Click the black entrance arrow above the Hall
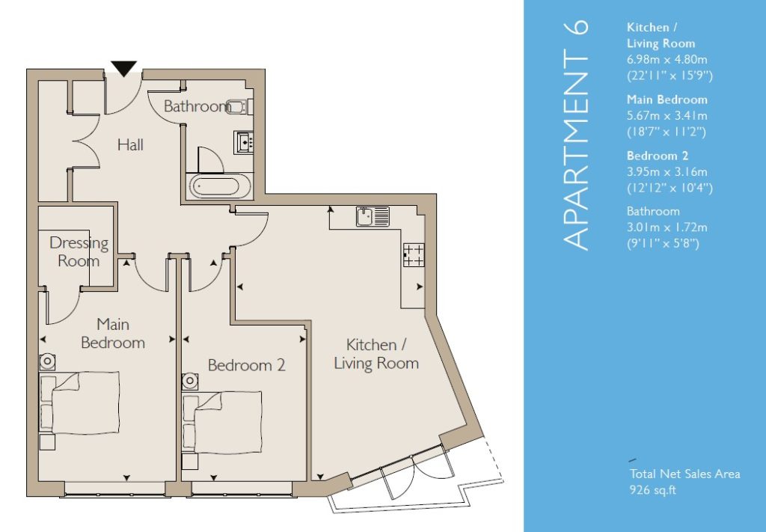click(x=124, y=68)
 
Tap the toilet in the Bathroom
click(x=239, y=106)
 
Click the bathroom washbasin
click(x=243, y=142)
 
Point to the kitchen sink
click(x=373, y=216)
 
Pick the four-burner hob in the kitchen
click(x=414, y=255)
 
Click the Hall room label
click(x=130, y=144)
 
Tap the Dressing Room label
click(x=79, y=251)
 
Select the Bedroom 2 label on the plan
click(x=247, y=365)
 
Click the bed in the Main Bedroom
click(x=79, y=403)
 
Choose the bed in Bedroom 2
click(x=222, y=423)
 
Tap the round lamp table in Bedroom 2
click(x=190, y=381)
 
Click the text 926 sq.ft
click(x=652, y=489)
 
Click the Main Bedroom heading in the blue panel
click(x=667, y=100)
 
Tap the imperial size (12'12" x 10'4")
click(x=670, y=188)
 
